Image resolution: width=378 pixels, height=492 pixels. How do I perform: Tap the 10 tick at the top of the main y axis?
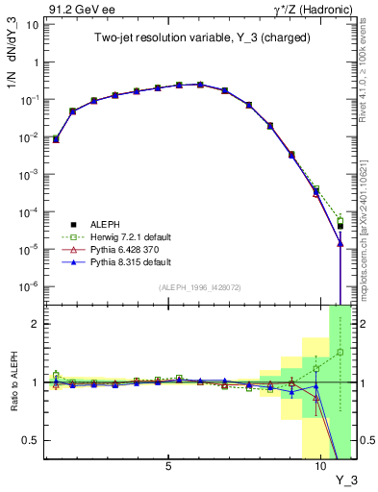pos(32,24)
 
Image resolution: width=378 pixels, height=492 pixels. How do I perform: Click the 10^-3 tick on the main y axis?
pos(29,174)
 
